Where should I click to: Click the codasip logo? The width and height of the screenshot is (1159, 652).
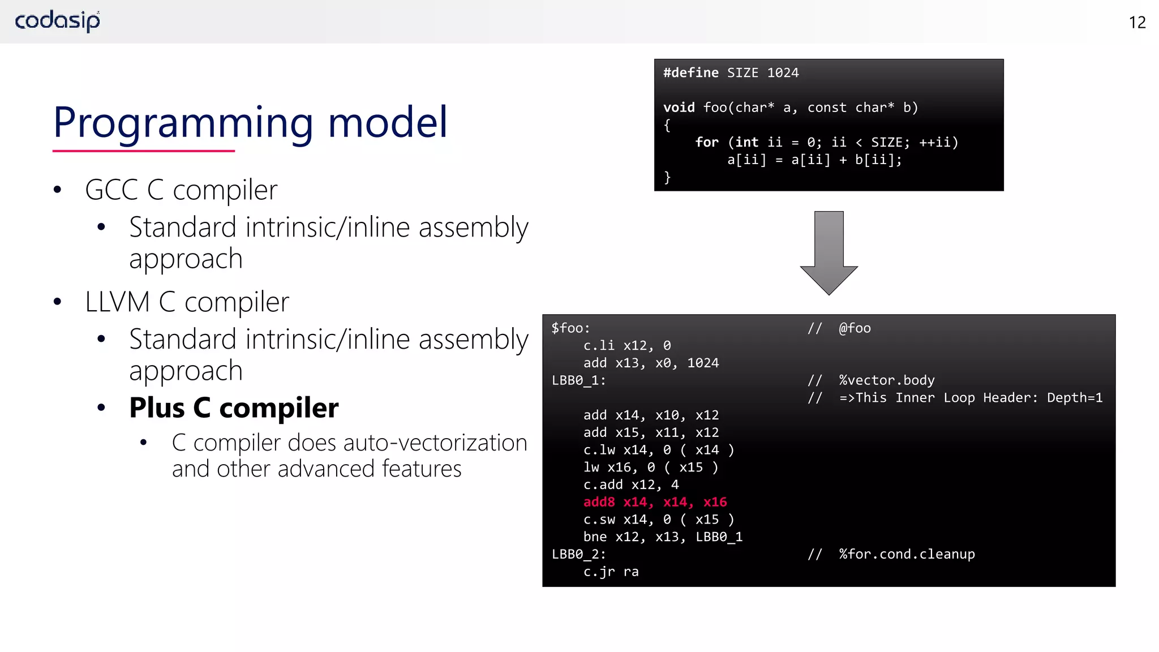57,21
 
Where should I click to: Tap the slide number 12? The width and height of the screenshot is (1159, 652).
1137,23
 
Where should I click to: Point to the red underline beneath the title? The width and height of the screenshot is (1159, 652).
143,151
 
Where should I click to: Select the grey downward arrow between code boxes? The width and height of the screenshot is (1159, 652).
829,252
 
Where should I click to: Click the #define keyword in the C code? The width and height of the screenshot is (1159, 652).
690,73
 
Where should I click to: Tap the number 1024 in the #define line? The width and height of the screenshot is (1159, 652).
783,73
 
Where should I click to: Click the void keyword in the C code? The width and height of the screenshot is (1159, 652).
679,108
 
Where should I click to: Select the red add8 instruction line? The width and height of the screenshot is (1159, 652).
655,502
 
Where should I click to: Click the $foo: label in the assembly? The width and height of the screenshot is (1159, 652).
570,328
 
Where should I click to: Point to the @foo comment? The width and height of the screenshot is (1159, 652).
855,328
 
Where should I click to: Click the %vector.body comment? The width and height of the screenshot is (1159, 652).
886,380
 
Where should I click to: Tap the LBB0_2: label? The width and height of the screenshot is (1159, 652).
578,554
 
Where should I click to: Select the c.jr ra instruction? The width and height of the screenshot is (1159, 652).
611,572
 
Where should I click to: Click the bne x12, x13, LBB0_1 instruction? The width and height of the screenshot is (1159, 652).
663,537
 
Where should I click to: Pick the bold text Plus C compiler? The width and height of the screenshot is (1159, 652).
234,407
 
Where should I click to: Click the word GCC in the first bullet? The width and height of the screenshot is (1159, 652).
111,190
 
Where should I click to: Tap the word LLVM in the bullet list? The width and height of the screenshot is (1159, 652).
117,302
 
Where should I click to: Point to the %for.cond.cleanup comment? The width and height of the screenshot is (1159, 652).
907,554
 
